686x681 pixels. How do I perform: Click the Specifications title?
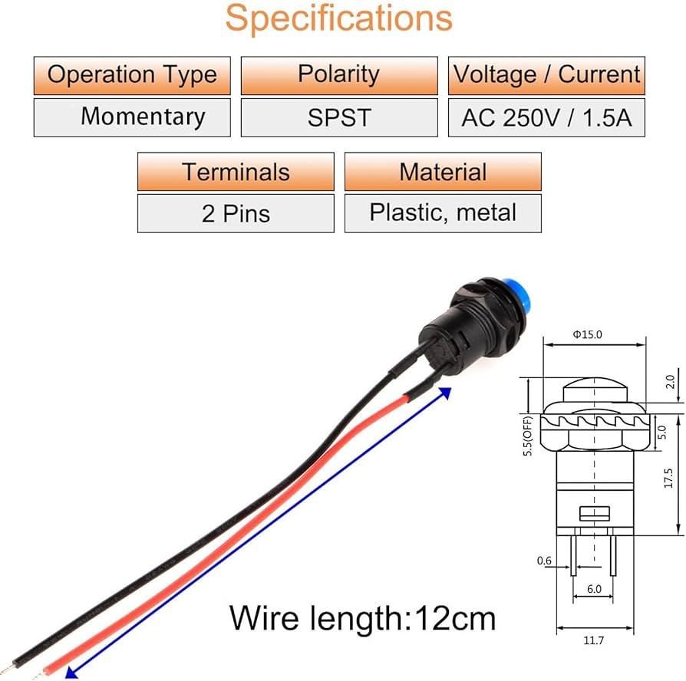click(338, 19)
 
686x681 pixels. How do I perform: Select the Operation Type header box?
click(132, 76)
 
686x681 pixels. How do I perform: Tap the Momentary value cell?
click(132, 117)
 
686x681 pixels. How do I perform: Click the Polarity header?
click(339, 76)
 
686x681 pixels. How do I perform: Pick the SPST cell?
click(339, 117)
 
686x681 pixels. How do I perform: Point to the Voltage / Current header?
click(546, 76)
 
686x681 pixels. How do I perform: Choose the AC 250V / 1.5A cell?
click(546, 117)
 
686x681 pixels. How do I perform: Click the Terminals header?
click(236, 172)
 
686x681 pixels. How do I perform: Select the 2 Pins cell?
click(236, 213)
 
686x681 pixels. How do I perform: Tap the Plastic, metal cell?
click(443, 213)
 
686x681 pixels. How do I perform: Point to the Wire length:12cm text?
click(362, 618)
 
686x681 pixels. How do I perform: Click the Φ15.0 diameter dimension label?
click(588, 334)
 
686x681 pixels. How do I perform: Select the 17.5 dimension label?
click(668, 478)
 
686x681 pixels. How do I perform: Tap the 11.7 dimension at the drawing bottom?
click(594, 641)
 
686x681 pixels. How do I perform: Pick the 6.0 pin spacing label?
click(594, 589)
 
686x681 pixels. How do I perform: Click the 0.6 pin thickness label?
click(544, 561)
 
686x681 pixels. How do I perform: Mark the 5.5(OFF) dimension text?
click(528, 436)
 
